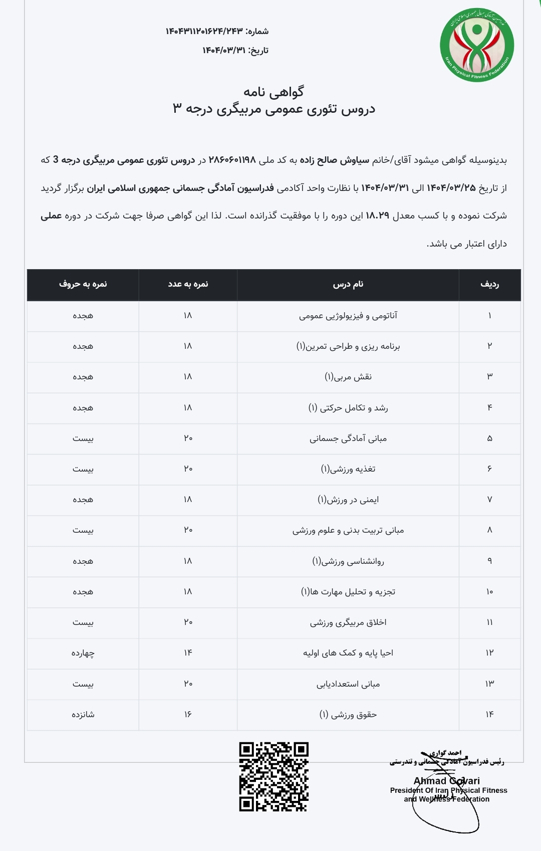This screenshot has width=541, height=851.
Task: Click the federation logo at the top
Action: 476,45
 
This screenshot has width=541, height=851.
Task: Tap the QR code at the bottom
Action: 274,777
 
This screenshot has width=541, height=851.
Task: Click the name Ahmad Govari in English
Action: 446,781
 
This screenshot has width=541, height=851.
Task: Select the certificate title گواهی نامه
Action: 274,92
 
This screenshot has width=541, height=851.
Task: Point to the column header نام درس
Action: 348,284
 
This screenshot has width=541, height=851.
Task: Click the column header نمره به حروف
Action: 83,284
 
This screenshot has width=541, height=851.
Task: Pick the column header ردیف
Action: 489,284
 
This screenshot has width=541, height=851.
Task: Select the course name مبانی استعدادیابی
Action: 348,684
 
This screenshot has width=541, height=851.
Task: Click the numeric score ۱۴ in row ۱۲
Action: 188,653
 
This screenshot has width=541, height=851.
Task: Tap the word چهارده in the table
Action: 83,653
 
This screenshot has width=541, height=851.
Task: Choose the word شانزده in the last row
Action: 83,715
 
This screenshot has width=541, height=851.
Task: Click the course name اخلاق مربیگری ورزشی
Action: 348,622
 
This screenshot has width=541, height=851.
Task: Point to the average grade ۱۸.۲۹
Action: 377,216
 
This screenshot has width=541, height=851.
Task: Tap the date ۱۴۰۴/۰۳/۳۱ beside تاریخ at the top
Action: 224,50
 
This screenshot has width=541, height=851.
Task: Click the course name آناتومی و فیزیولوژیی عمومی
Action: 348,316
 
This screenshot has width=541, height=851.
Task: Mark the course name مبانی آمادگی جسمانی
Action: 348,439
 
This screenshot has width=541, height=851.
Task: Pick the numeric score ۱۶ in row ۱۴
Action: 188,714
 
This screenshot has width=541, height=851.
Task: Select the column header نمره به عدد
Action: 188,284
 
